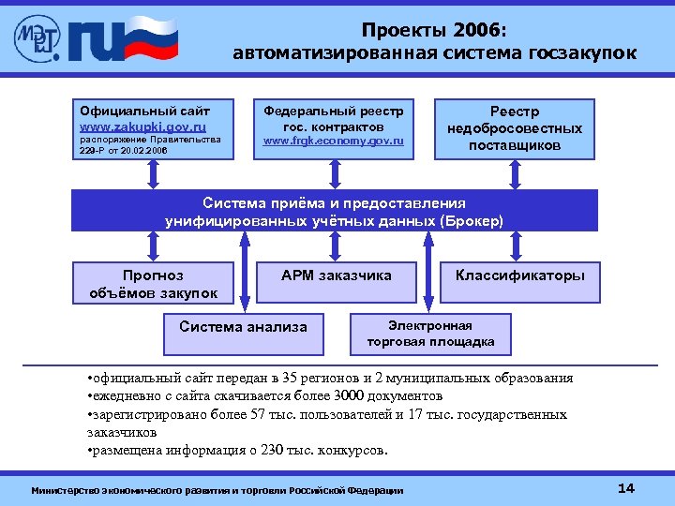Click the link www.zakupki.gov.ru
point(143,125)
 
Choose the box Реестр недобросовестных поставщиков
point(514,128)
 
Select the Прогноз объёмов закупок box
point(154,284)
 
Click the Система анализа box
point(243,327)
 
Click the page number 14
point(627,487)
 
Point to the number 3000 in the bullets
point(348,395)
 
